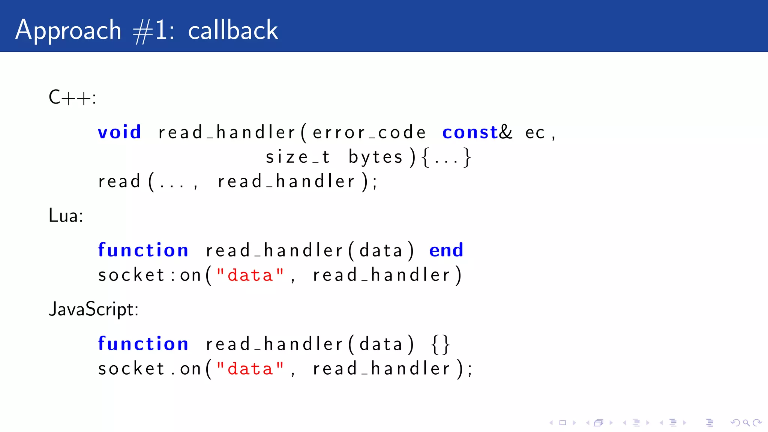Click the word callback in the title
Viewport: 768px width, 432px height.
point(232,30)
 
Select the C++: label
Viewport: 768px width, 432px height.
point(72,97)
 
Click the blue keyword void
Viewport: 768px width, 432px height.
point(119,132)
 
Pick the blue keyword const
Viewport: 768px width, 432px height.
point(470,132)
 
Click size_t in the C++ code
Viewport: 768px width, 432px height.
point(298,157)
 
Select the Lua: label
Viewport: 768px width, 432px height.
point(66,216)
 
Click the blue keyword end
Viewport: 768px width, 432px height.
point(446,250)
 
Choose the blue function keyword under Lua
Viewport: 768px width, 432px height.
point(143,250)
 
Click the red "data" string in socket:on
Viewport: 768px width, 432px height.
point(250,275)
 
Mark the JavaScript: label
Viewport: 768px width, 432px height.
point(93,309)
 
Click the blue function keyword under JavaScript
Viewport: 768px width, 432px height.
point(143,344)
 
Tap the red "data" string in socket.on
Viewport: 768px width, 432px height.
point(250,369)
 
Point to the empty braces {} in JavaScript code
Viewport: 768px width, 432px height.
point(440,344)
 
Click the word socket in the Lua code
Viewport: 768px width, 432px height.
point(131,275)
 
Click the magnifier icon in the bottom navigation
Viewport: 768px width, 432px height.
point(746,423)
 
